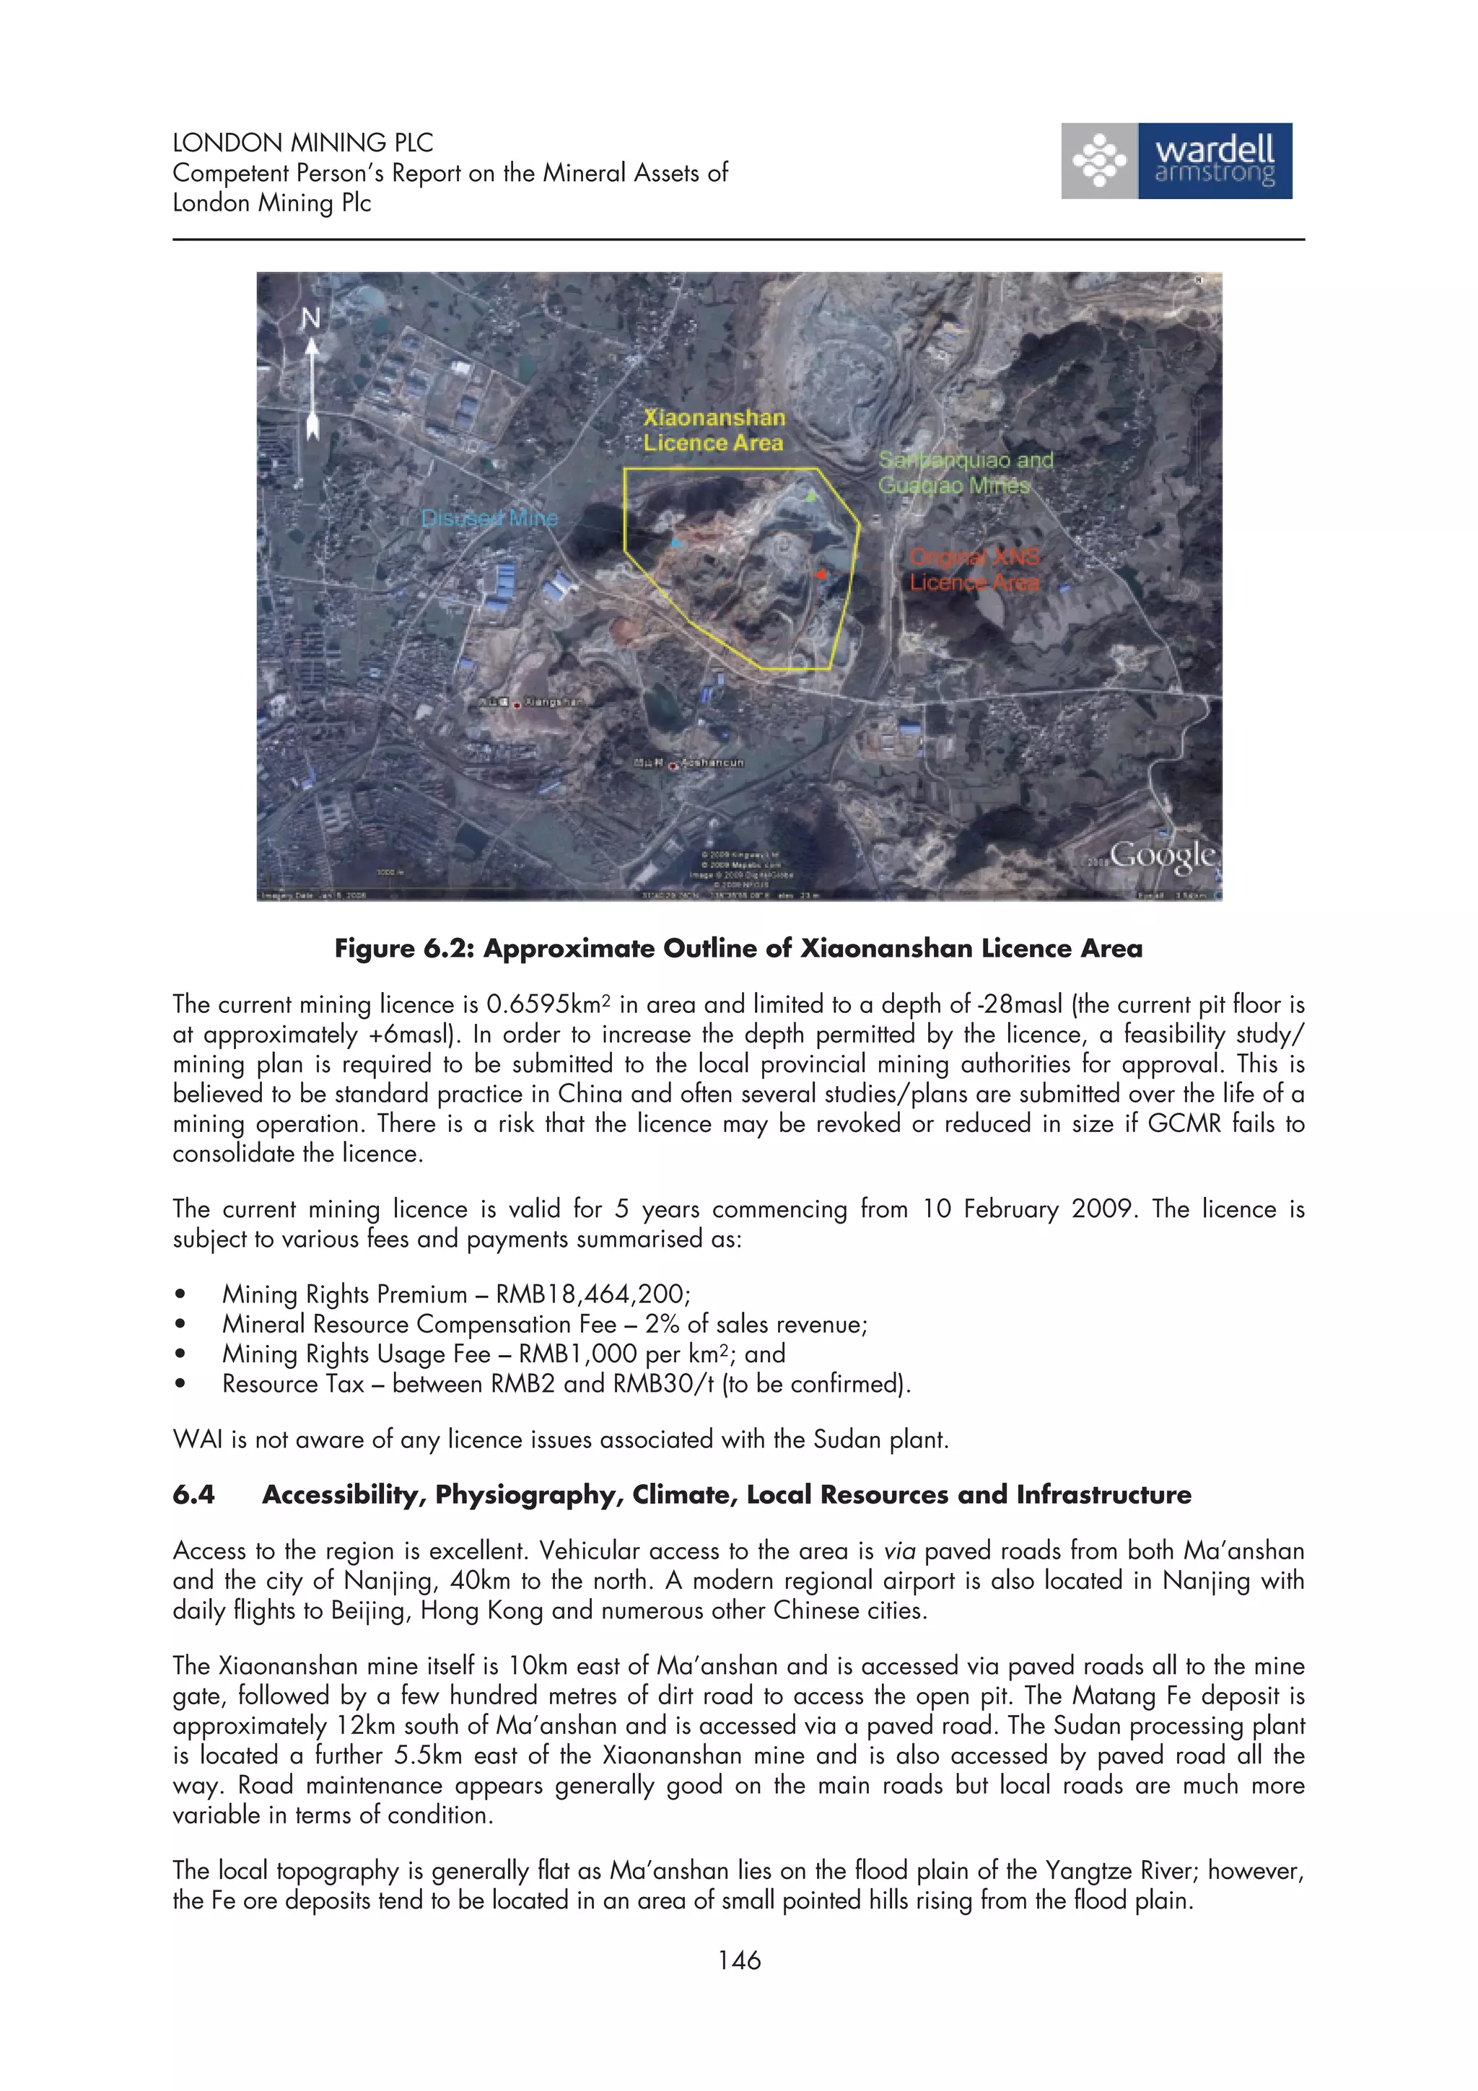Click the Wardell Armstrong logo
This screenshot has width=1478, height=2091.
tap(1176, 161)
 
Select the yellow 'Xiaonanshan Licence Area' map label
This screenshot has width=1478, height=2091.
tap(713, 430)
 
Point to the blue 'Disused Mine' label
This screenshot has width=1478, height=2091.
tap(489, 518)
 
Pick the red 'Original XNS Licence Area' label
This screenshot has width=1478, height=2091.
tap(974, 569)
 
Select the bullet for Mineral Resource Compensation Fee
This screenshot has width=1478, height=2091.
tap(181, 1325)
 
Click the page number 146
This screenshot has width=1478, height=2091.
tap(738, 1960)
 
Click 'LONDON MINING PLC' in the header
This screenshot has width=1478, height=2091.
tap(302, 143)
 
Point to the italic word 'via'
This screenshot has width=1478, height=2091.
tap(900, 1551)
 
